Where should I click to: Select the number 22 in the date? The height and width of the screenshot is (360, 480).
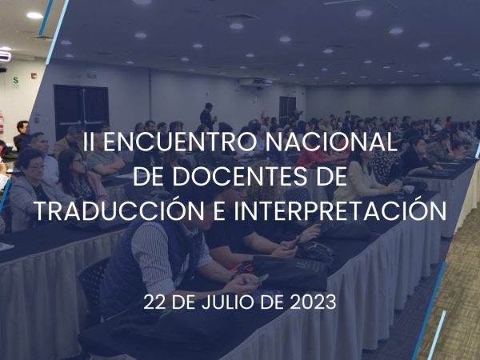[x=155, y=302]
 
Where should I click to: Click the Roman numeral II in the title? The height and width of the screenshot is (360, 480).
[x=89, y=142]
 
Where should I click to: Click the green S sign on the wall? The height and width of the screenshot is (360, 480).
[x=16, y=81]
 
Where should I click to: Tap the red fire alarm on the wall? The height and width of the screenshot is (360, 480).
[x=33, y=76]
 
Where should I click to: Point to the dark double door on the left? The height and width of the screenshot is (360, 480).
[x=82, y=107]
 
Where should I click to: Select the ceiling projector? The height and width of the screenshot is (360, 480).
[x=256, y=82]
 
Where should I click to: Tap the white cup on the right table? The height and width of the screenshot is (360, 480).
[x=408, y=190]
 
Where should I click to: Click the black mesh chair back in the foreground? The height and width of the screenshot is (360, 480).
[x=93, y=284]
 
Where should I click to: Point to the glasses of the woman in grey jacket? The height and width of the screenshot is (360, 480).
[x=37, y=167]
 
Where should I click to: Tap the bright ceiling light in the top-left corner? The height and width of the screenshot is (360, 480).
[x=34, y=15]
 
